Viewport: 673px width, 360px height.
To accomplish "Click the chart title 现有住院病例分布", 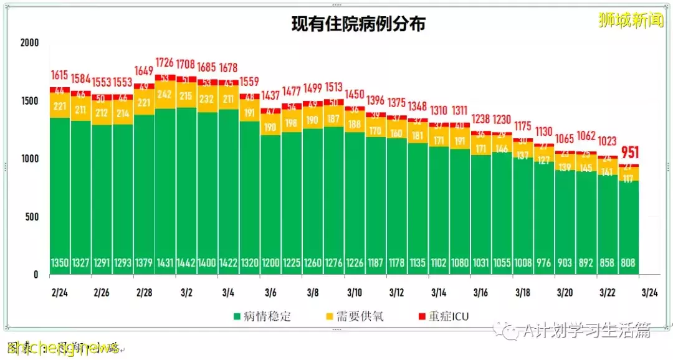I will [359, 24].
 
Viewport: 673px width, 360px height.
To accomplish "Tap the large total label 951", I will [629, 153].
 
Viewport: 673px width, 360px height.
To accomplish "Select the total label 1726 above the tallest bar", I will [165, 63].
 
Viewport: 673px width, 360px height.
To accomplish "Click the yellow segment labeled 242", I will [165, 94].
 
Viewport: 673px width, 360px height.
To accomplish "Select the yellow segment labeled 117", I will [628, 179].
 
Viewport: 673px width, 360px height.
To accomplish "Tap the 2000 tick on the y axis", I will [29, 43].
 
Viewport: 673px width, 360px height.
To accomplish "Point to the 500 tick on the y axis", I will [32, 217].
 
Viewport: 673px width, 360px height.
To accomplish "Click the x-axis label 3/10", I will [355, 292].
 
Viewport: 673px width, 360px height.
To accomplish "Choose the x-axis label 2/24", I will [59, 292].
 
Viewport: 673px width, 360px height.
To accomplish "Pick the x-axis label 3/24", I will [650, 292].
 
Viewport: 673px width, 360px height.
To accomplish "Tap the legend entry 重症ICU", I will [449, 316].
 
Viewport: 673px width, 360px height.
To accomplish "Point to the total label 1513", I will [333, 87].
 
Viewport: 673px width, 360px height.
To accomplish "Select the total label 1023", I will [608, 141].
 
